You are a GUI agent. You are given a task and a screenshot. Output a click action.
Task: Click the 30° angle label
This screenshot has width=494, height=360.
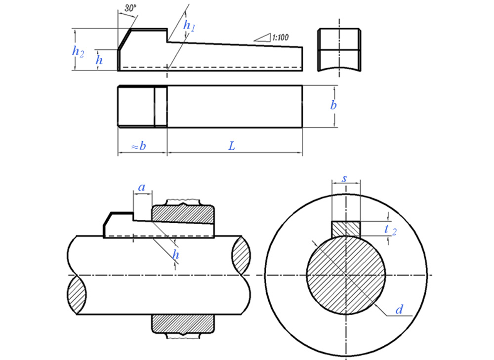pos(130,8)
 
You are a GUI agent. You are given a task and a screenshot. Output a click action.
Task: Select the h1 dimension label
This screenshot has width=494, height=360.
pos(189,26)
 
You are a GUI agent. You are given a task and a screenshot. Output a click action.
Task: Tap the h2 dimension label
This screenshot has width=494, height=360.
pos(78,51)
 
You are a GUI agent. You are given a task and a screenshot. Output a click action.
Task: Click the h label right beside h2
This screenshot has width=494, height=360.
pos(99,59)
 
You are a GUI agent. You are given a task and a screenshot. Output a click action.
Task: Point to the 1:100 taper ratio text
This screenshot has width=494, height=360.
pos(281,38)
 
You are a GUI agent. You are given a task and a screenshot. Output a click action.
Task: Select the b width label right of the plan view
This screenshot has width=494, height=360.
pos(333,105)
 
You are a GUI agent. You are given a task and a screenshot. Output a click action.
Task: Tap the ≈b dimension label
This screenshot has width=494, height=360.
pos(139,146)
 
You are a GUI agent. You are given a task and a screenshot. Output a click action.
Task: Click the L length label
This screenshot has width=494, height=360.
pos(232,146)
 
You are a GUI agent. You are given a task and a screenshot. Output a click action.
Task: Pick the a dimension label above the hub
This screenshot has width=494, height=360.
pos(142,187)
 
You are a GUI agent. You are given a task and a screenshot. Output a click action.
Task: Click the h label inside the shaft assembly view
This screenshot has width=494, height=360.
pos(176,254)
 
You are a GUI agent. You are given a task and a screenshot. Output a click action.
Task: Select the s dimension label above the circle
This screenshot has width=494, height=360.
pos(344,179)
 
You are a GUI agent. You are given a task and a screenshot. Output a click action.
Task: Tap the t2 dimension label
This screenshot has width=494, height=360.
pos(390,230)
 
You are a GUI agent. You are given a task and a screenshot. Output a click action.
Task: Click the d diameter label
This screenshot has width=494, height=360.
pos(399,310)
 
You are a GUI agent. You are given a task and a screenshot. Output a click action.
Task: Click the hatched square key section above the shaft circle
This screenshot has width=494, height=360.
pos(346,229)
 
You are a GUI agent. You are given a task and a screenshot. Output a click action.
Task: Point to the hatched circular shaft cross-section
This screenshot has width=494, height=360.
pos(346,275)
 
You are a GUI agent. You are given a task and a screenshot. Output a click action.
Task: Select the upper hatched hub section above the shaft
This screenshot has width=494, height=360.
pos(183,215)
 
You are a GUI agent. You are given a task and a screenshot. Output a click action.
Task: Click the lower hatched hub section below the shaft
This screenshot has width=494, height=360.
pos(183,324)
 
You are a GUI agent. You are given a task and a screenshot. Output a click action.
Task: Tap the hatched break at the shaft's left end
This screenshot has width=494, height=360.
pos(76,295)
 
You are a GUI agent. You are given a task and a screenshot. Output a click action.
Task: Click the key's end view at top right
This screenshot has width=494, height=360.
pos(339,50)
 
